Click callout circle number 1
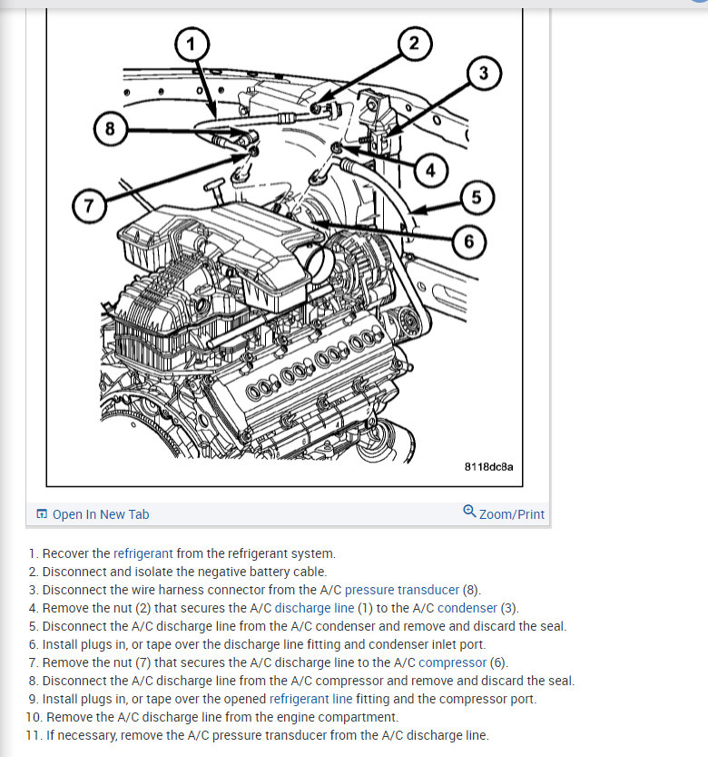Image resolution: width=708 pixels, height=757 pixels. [x=192, y=43]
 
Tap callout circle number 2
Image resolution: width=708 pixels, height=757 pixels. [x=414, y=44]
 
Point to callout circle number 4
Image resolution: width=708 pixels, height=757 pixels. [x=430, y=169]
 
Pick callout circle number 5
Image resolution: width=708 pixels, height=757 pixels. [x=477, y=196]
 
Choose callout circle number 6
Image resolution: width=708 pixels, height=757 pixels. [x=468, y=241]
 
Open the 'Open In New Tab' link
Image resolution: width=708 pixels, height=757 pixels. [x=101, y=514]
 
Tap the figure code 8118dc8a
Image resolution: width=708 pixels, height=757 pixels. [x=488, y=467]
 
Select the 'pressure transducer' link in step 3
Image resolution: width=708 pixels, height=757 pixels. [x=401, y=590]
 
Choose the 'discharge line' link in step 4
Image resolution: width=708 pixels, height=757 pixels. [x=314, y=608]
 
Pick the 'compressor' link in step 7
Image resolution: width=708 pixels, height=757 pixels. [x=452, y=662]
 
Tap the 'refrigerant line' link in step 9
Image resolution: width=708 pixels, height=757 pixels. [x=310, y=699]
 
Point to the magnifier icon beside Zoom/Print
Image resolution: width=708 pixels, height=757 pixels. [x=469, y=512]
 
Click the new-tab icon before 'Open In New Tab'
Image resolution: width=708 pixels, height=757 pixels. [x=42, y=514]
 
